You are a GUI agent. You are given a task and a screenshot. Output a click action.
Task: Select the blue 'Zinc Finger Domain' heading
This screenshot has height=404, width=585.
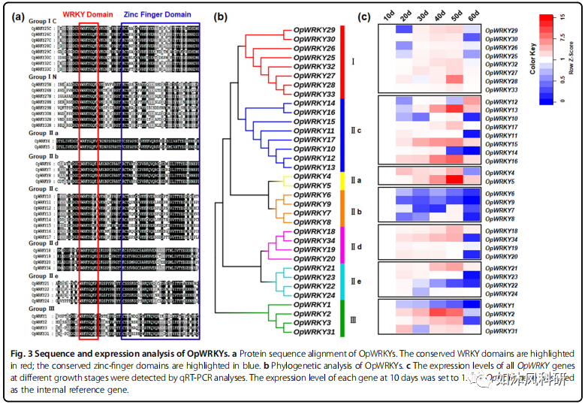[157, 14]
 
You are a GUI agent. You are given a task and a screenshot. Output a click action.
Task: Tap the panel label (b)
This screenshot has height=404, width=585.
[223, 16]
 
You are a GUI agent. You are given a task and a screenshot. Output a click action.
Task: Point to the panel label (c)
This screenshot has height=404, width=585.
[363, 17]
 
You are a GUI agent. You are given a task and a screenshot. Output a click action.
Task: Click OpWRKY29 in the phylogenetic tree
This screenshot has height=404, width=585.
[314, 29]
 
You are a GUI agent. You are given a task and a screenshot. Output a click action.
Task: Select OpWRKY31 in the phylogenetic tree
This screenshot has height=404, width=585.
[314, 333]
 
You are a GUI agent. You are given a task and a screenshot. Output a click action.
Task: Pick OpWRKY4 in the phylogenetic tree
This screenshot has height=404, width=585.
[312, 176]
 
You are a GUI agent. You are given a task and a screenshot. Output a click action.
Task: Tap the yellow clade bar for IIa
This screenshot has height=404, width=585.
[342, 181]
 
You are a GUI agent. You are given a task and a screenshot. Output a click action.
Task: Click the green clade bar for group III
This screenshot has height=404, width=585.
[342, 318]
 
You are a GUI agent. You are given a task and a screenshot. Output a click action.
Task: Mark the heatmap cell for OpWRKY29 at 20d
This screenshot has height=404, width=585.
[405, 29]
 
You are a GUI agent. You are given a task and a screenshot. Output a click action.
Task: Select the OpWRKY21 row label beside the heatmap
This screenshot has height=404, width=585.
[501, 268]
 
